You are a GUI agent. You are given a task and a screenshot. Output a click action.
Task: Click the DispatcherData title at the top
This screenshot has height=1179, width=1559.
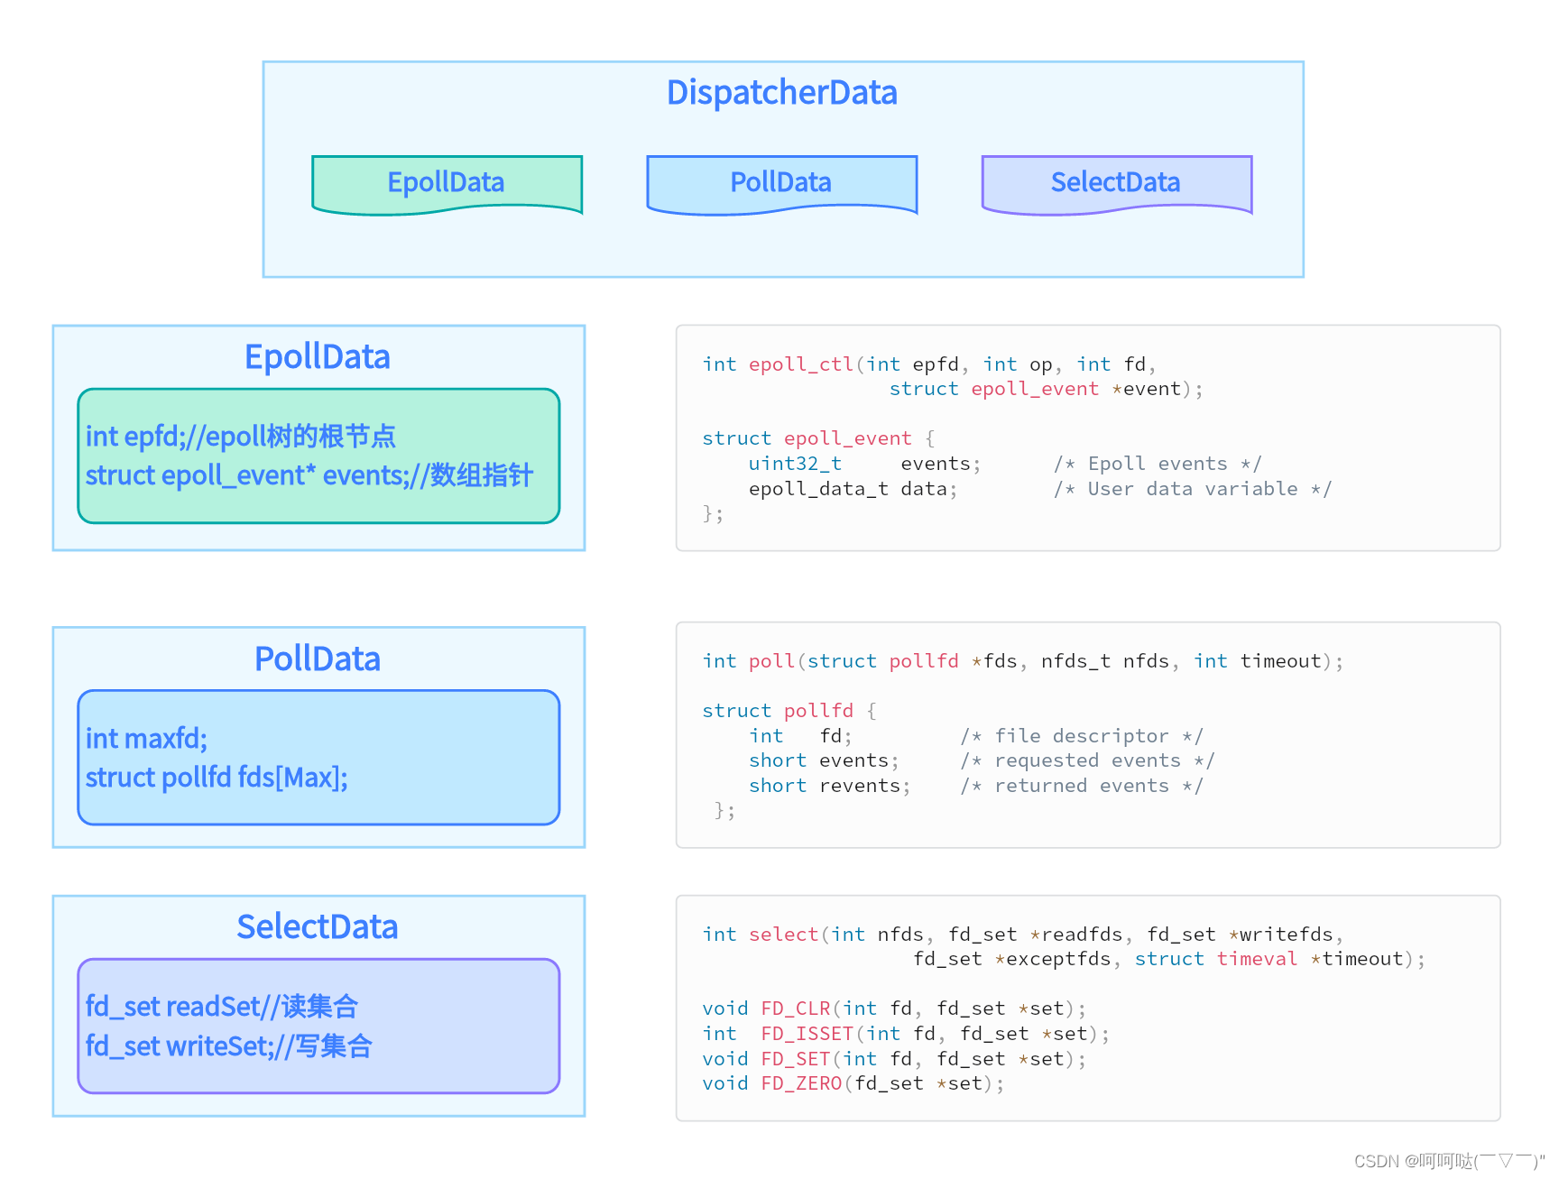click(x=781, y=93)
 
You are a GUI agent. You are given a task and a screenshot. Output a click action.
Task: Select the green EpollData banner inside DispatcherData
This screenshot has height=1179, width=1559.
click(x=446, y=182)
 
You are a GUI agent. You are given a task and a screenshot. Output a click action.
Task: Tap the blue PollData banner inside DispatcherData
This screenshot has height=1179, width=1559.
click(x=780, y=182)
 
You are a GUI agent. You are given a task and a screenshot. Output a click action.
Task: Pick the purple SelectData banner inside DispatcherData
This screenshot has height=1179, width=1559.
click(x=1115, y=182)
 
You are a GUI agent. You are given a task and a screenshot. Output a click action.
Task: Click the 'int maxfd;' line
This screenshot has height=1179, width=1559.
click(x=146, y=739)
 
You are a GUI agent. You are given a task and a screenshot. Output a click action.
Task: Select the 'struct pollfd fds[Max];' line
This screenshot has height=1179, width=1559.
click(x=217, y=778)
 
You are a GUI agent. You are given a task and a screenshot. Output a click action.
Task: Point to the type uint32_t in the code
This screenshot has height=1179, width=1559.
click(x=795, y=464)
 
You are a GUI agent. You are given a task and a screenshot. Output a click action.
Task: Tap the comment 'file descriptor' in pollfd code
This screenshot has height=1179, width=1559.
click(x=1081, y=736)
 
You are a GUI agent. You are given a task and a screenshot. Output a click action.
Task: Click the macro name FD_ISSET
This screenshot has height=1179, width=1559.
click(x=807, y=1034)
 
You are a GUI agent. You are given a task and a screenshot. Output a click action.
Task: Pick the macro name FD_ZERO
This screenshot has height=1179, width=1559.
click(x=800, y=1083)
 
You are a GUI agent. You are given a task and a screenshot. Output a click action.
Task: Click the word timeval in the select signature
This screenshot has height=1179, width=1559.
click(x=1256, y=959)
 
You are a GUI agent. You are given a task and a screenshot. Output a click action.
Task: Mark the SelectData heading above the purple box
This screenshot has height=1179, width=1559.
click(x=317, y=927)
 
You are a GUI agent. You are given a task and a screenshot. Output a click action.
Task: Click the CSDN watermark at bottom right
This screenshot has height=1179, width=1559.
click(x=1447, y=1161)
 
